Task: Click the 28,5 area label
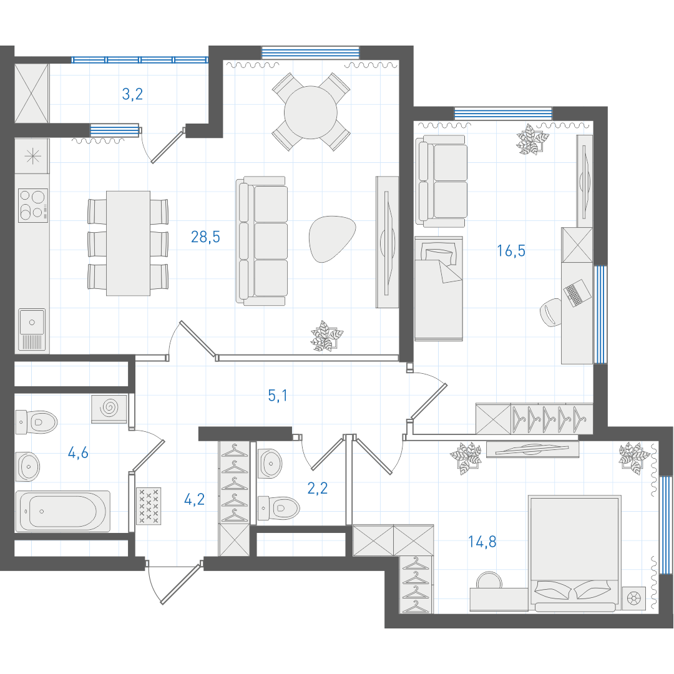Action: click(x=205, y=237)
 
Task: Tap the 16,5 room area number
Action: click(x=511, y=250)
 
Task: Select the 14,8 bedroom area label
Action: click(x=482, y=542)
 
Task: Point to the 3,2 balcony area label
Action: click(x=132, y=94)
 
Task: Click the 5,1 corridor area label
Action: click(x=278, y=396)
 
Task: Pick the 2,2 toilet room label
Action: click(x=318, y=488)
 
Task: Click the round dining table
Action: click(x=311, y=112)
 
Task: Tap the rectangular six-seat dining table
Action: click(x=128, y=243)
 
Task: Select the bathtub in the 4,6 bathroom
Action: click(x=63, y=512)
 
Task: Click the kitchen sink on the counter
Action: click(x=32, y=330)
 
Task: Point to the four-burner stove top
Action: click(x=33, y=205)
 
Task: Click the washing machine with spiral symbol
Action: click(x=109, y=408)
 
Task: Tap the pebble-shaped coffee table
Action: click(x=332, y=238)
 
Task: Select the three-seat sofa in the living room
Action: click(x=261, y=241)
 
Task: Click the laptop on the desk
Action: click(x=577, y=293)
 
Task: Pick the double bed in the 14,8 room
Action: click(x=574, y=554)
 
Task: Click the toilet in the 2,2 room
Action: click(x=278, y=508)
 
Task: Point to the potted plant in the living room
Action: click(x=326, y=336)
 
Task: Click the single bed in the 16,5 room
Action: click(x=439, y=288)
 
